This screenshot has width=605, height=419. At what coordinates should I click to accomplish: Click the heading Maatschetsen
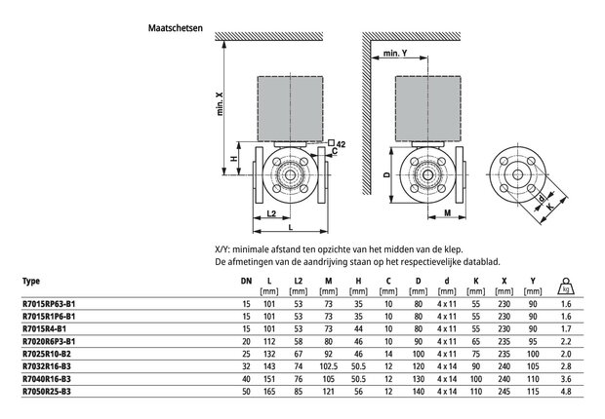coord(176,28)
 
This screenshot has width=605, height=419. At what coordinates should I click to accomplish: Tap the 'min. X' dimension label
coord(220,104)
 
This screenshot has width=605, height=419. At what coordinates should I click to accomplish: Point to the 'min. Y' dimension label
coord(395,54)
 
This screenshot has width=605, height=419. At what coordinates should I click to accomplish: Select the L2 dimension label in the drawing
coord(271,213)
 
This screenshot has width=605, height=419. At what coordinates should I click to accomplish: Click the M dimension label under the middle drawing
coord(447,212)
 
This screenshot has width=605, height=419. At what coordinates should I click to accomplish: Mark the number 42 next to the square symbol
coord(341,144)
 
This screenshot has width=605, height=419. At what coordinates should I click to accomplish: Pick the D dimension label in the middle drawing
coord(386,174)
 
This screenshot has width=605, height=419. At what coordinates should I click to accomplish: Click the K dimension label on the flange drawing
coord(550,207)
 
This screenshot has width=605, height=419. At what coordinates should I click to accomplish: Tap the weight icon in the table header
coord(566,286)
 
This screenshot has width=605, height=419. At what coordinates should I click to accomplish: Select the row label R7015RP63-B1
coord(49,304)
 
